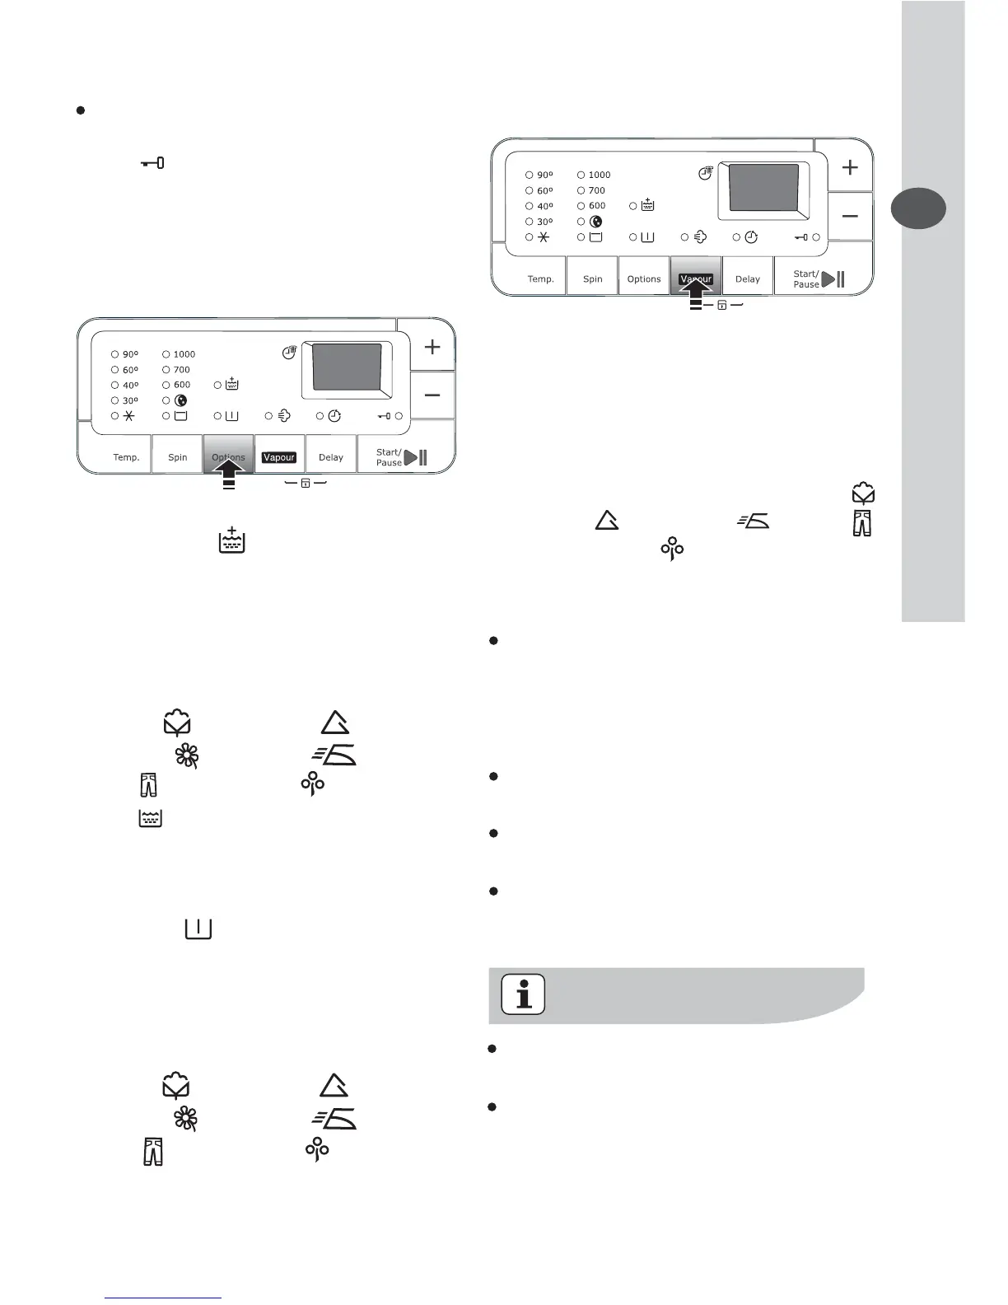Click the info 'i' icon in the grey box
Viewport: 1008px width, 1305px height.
523,994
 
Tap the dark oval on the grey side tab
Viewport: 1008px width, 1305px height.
918,208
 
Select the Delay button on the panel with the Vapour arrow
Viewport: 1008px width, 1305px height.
748,278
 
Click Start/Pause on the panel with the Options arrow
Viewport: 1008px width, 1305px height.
401,457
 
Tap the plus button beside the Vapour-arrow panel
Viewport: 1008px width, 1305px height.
850,167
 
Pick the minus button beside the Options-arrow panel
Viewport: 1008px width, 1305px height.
432,395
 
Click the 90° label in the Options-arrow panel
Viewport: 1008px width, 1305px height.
130,354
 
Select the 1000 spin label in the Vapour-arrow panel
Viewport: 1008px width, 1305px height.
600,175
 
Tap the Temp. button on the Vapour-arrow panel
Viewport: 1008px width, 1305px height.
540,278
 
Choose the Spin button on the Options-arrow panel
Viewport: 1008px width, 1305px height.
178,457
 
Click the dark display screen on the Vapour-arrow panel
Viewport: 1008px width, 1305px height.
763,188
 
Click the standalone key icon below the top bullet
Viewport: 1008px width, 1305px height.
152,163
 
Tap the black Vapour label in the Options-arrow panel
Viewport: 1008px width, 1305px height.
279,457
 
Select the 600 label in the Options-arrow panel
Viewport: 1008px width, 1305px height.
182,385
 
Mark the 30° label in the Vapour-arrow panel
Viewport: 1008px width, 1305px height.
544,222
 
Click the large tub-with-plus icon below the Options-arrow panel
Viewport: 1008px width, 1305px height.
232,540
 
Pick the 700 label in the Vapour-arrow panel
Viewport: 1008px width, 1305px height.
597,190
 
